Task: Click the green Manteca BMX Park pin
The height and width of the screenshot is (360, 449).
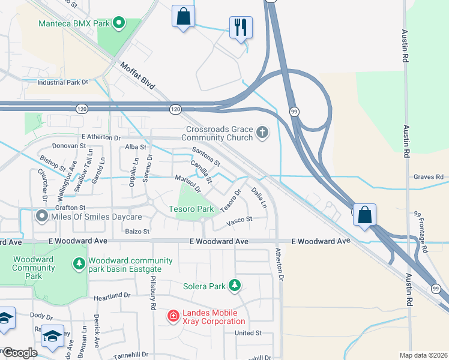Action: (x=119, y=24)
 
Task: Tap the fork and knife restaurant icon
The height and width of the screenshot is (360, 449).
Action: (x=241, y=27)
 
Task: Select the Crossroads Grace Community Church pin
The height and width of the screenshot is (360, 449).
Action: (x=262, y=132)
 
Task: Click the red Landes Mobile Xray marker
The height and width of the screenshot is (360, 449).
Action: (x=173, y=315)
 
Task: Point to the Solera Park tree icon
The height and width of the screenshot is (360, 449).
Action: (x=237, y=286)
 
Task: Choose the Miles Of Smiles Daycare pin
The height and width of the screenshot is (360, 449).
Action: (x=41, y=215)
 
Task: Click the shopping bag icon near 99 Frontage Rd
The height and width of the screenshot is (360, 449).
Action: (x=364, y=214)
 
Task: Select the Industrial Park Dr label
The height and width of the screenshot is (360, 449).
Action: (x=62, y=82)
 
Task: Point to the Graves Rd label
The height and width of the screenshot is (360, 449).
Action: (x=428, y=177)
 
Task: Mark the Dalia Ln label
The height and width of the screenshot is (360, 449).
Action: (x=259, y=197)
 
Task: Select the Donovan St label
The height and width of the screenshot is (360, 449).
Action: (x=70, y=146)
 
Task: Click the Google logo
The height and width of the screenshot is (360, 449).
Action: (x=20, y=353)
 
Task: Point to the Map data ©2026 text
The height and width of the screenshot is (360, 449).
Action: (x=423, y=355)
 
